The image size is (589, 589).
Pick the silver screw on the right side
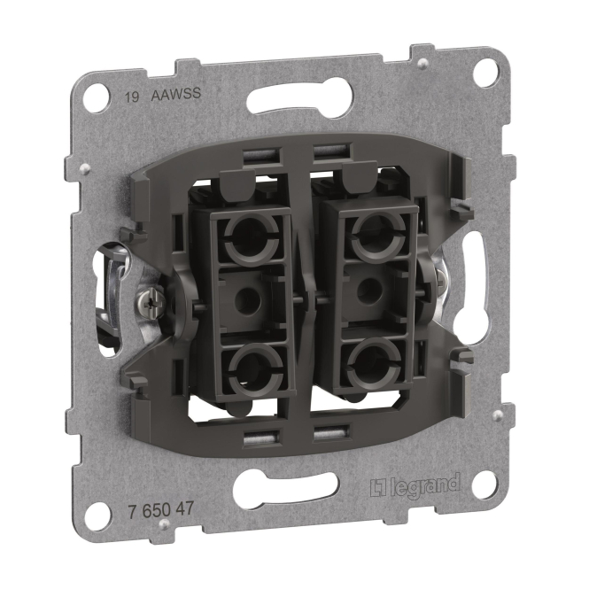(439, 278)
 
